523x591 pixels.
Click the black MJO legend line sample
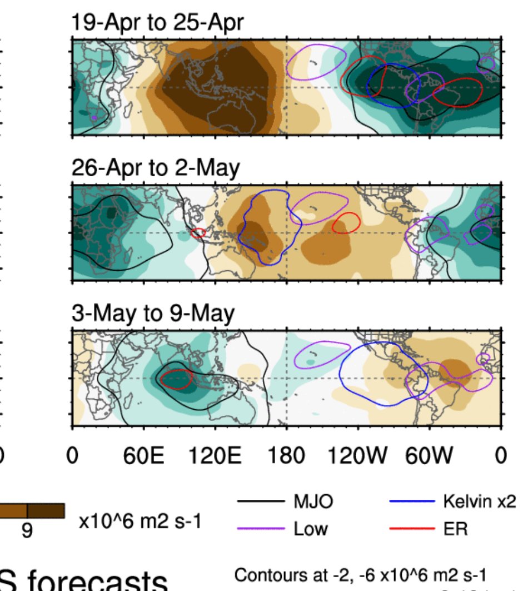point(260,502)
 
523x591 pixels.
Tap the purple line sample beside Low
point(260,527)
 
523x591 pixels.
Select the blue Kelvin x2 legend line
point(412,502)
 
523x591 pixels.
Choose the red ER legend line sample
point(412,527)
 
